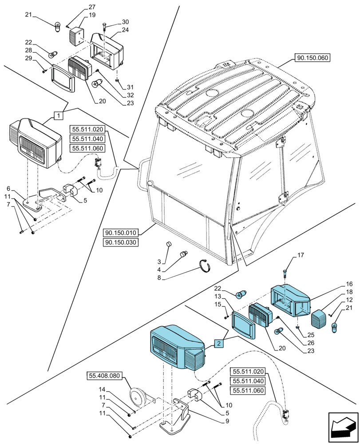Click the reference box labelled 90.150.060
tap(313, 58)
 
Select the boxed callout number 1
tap(58, 115)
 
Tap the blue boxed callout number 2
tap(218, 344)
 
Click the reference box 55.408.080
tap(104, 376)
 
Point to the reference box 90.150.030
tap(121, 242)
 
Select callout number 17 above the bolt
tap(301, 255)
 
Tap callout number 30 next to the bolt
tap(125, 22)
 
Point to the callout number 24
tap(125, 30)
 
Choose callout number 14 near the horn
tap(102, 389)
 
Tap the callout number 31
tap(130, 87)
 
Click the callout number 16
tap(349, 284)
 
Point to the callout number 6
tap(8, 188)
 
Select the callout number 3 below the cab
tap(159, 262)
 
